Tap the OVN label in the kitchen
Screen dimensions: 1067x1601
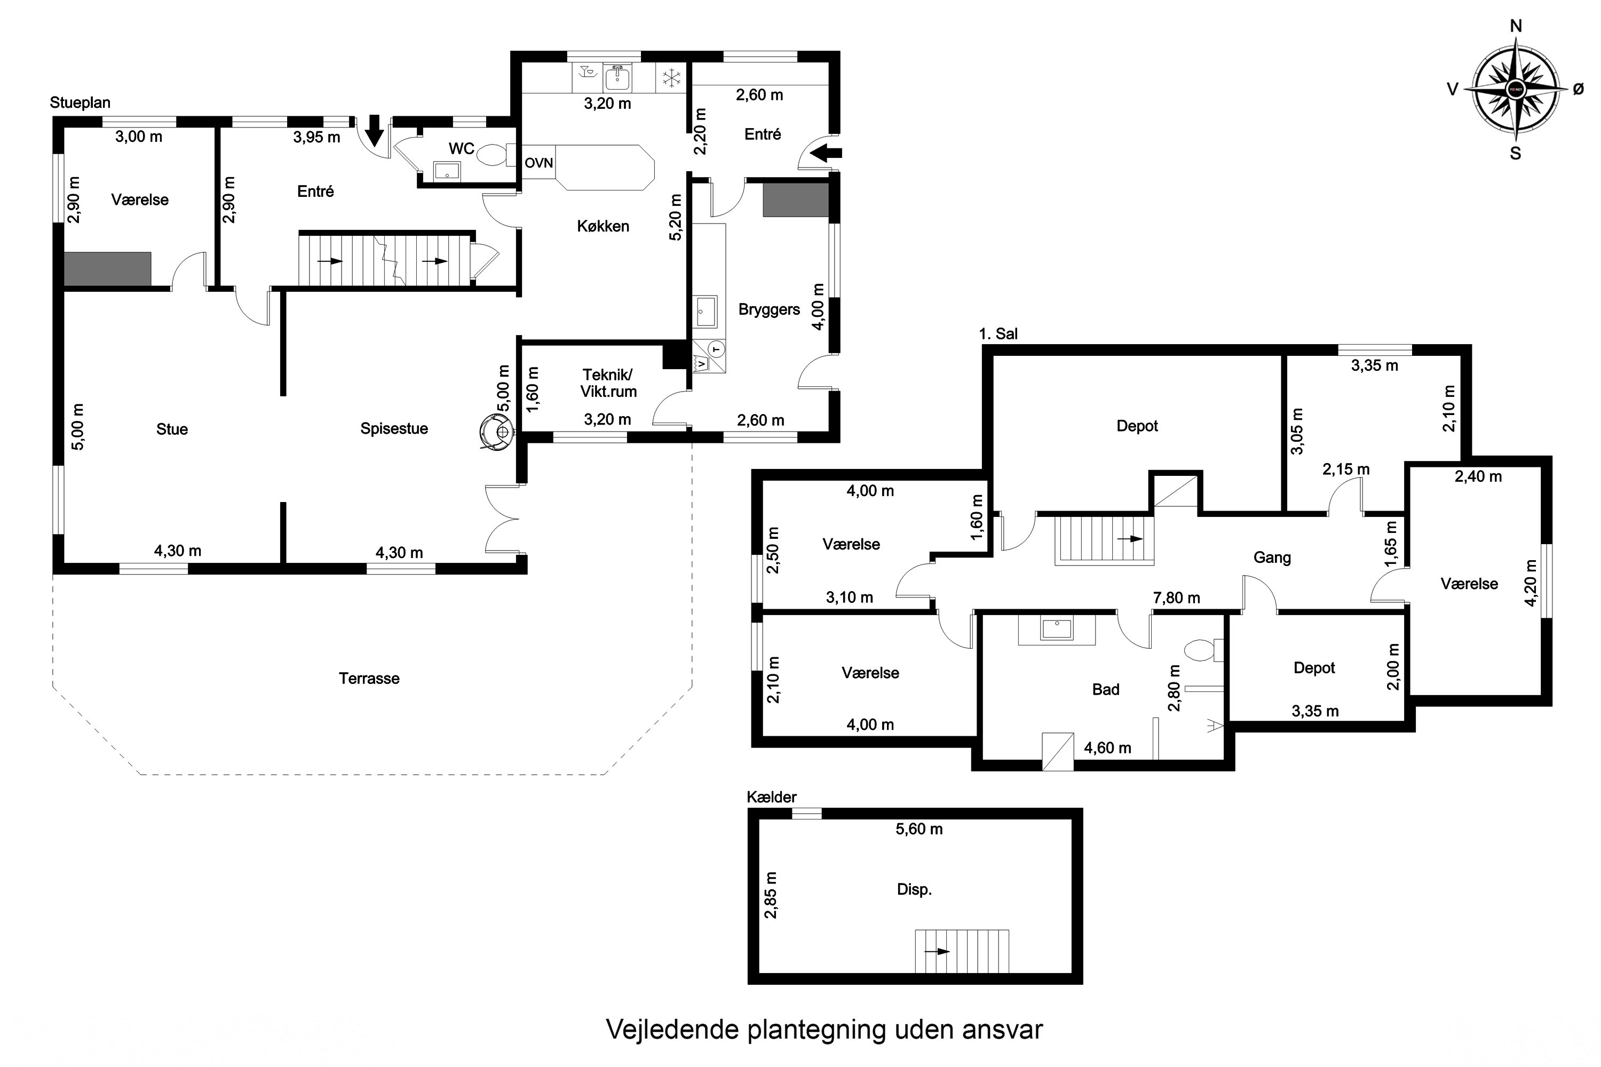coord(538,163)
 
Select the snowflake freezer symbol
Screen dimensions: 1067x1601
coord(672,78)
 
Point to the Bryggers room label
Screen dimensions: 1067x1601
coord(768,309)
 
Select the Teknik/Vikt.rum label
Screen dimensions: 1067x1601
coord(608,383)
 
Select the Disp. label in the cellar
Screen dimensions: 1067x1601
coord(914,889)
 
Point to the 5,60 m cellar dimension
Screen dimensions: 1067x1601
coord(918,829)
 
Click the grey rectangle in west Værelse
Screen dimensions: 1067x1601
coord(108,269)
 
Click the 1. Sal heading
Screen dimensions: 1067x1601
coord(998,333)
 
